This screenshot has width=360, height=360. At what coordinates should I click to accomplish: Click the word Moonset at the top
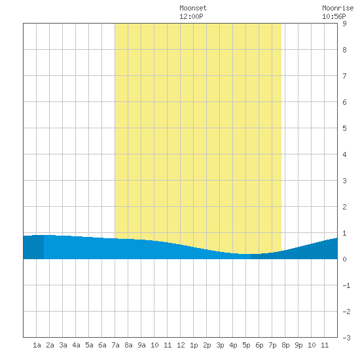(x=193, y=8)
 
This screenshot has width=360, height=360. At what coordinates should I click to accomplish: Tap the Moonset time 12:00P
(x=191, y=16)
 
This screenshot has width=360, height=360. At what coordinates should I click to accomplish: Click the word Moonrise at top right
(x=338, y=8)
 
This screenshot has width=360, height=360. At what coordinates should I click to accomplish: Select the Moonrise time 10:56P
(x=334, y=16)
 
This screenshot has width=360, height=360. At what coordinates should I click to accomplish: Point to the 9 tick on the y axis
(x=344, y=24)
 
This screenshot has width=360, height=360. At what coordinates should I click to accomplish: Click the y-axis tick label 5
(x=344, y=128)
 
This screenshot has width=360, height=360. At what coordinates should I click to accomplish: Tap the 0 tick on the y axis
(x=344, y=259)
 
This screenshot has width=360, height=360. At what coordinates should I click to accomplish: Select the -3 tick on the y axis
(x=346, y=338)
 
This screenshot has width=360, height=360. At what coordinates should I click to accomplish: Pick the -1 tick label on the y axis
(x=346, y=285)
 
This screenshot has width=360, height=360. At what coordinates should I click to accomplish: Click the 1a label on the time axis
(x=37, y=345)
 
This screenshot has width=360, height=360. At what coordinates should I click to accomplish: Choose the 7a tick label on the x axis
(x=115, y=345)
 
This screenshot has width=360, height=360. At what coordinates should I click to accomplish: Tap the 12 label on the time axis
(x=181, y=345)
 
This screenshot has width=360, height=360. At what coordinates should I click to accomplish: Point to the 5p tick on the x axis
(x=246, y=345)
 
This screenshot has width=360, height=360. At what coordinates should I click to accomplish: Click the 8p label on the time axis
(x=285, y=345)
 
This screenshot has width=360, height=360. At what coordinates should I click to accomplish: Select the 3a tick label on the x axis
(x=63, y=345)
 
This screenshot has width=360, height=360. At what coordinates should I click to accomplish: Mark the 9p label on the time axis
(x=298, y=345)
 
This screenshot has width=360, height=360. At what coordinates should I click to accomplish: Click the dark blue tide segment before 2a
(x=33, y=247)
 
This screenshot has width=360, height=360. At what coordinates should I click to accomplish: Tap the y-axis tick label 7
(x=344, y=76)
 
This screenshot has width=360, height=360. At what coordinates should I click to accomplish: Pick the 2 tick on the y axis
(x=344, y=207)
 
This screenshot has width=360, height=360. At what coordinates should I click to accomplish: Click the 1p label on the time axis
(x=194, y=345)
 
